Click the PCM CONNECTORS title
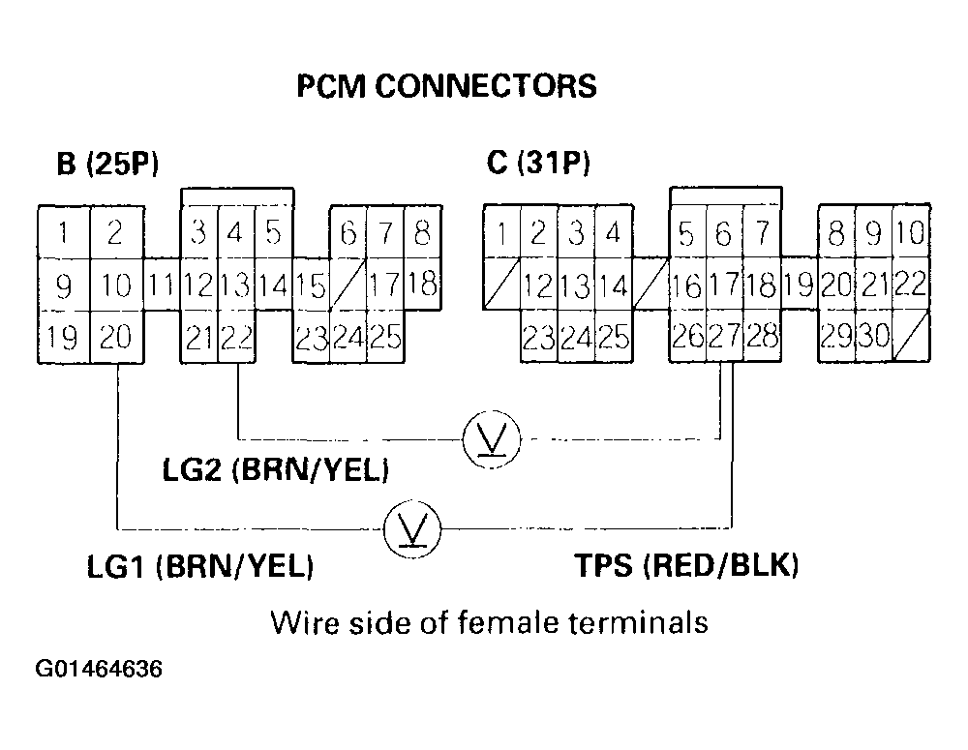[446, 87]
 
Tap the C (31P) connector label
[538, 164]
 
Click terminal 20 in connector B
[116, 337]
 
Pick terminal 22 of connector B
[235, 337]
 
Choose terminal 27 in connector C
[723, 337]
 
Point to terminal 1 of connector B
[64, 232]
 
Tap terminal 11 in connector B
[162, 285]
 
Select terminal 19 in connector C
[799, 285]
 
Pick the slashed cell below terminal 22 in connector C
[910, 337]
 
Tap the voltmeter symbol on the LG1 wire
[412, 528]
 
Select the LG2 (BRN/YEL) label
[276, 471]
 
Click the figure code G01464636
[99, 669]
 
